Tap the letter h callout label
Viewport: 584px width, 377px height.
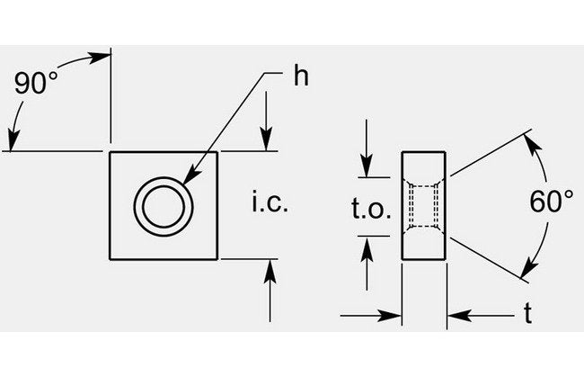point(301,76)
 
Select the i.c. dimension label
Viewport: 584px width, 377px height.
point(268,204)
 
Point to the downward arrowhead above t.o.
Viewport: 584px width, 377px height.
point(366,170)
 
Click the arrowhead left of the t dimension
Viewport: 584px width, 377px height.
point(393,315)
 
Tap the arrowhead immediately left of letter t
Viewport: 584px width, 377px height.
point(455,315)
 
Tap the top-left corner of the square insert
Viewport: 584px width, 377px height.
point(111,153)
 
